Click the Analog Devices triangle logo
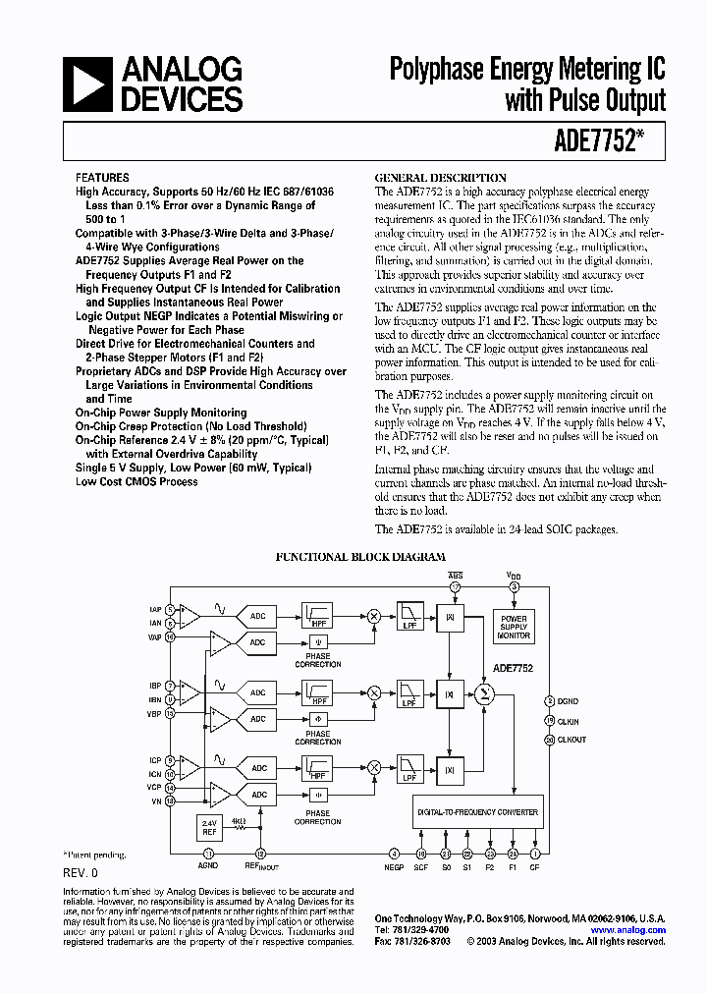pyautogui.click(x=85, y=83)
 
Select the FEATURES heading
pyautogui.click(x=102, y=178)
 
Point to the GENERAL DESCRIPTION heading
pyautogui.click(x=441, y=178)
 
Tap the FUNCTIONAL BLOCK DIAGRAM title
pyautogui.click(x=359, y=557)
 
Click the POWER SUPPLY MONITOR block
pyautogui.click(x=514, y=627)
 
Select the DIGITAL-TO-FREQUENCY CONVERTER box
pyautogui.click(x=476, y=812)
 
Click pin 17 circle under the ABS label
pyautogui.click(x=455, y=587)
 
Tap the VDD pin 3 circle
pyautogui.click(x=514, y=587)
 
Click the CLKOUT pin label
pyautogui.click(x=571, y=740)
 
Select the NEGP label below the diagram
pyautogui.click(x=394, y=867)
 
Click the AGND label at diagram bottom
pyautogui.click(x=208, y=867)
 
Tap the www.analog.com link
pyautogui.click(x=627, y=929)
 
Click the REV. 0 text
pyautogui.click(x=81, y=872)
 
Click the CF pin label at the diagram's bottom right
pyautogui.click(x=534, y=867)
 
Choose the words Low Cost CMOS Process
pyautogui.click(x=136, y=482)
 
